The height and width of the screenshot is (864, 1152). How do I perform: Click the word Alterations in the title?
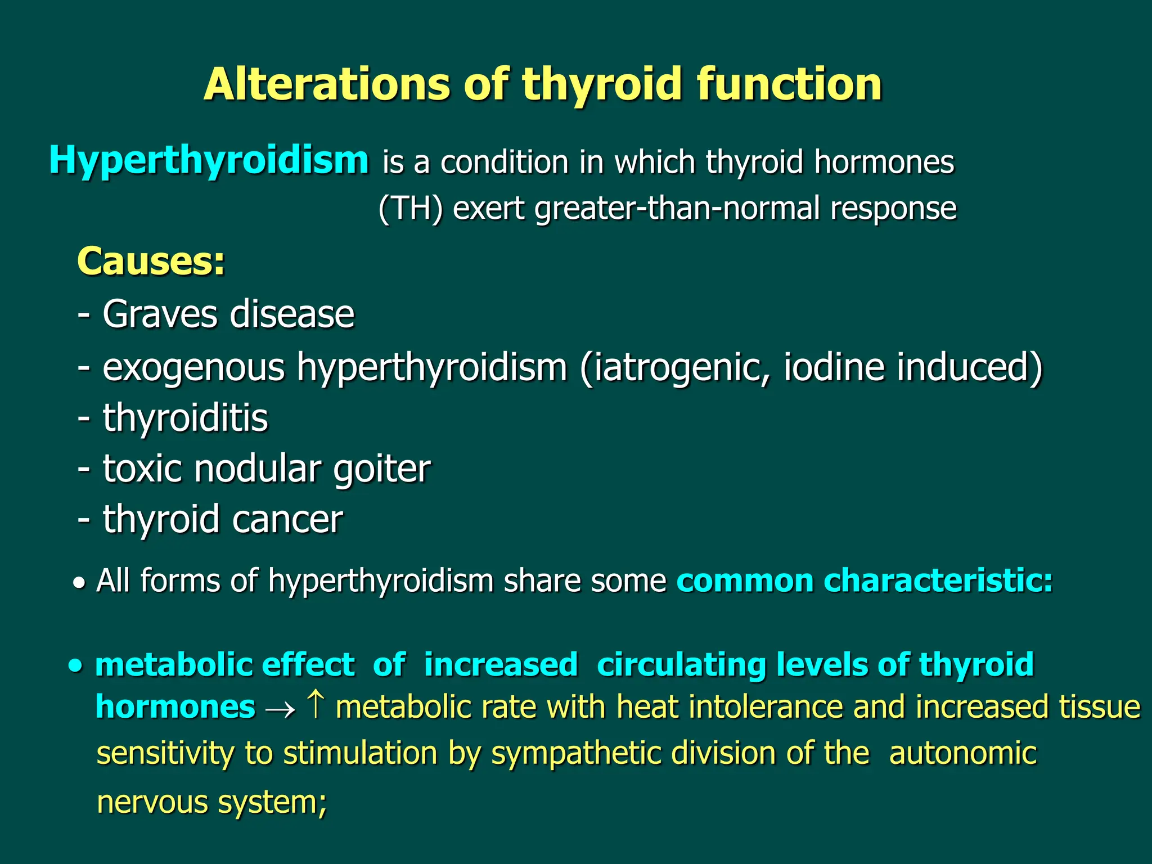point(327,84)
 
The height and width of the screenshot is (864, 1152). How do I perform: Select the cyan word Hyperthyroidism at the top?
point(209,161)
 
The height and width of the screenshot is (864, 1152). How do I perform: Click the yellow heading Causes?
point(151,262)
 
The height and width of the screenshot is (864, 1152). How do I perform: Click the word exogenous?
point(193,368)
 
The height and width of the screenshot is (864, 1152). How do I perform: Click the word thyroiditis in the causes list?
point(185,418)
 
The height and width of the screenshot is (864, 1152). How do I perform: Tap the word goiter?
point(382,469)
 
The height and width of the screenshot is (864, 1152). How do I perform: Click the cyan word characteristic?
point(938,580)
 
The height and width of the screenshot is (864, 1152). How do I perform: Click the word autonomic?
point(962,754)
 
